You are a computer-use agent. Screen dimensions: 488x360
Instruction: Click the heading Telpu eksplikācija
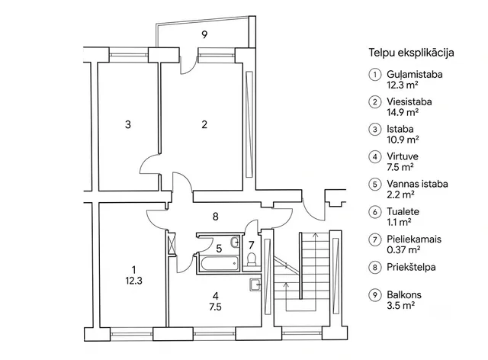[411, 53]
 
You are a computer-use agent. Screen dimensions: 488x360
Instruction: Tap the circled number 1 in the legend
[375, 75]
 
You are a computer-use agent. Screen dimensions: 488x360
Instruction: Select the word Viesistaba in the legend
[409, 102]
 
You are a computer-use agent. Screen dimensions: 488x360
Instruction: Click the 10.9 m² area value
[403, 140]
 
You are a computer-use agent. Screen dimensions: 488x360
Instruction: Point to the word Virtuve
[403, 156]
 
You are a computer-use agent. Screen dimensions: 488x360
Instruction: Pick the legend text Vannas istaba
[417, 184]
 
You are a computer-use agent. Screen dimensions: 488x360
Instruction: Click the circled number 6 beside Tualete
[375, 212]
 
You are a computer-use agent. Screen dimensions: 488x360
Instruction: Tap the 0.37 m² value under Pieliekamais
[403, 249]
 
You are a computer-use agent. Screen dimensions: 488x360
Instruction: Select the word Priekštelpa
[411, 267]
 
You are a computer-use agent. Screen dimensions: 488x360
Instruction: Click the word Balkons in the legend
[404, 294]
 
